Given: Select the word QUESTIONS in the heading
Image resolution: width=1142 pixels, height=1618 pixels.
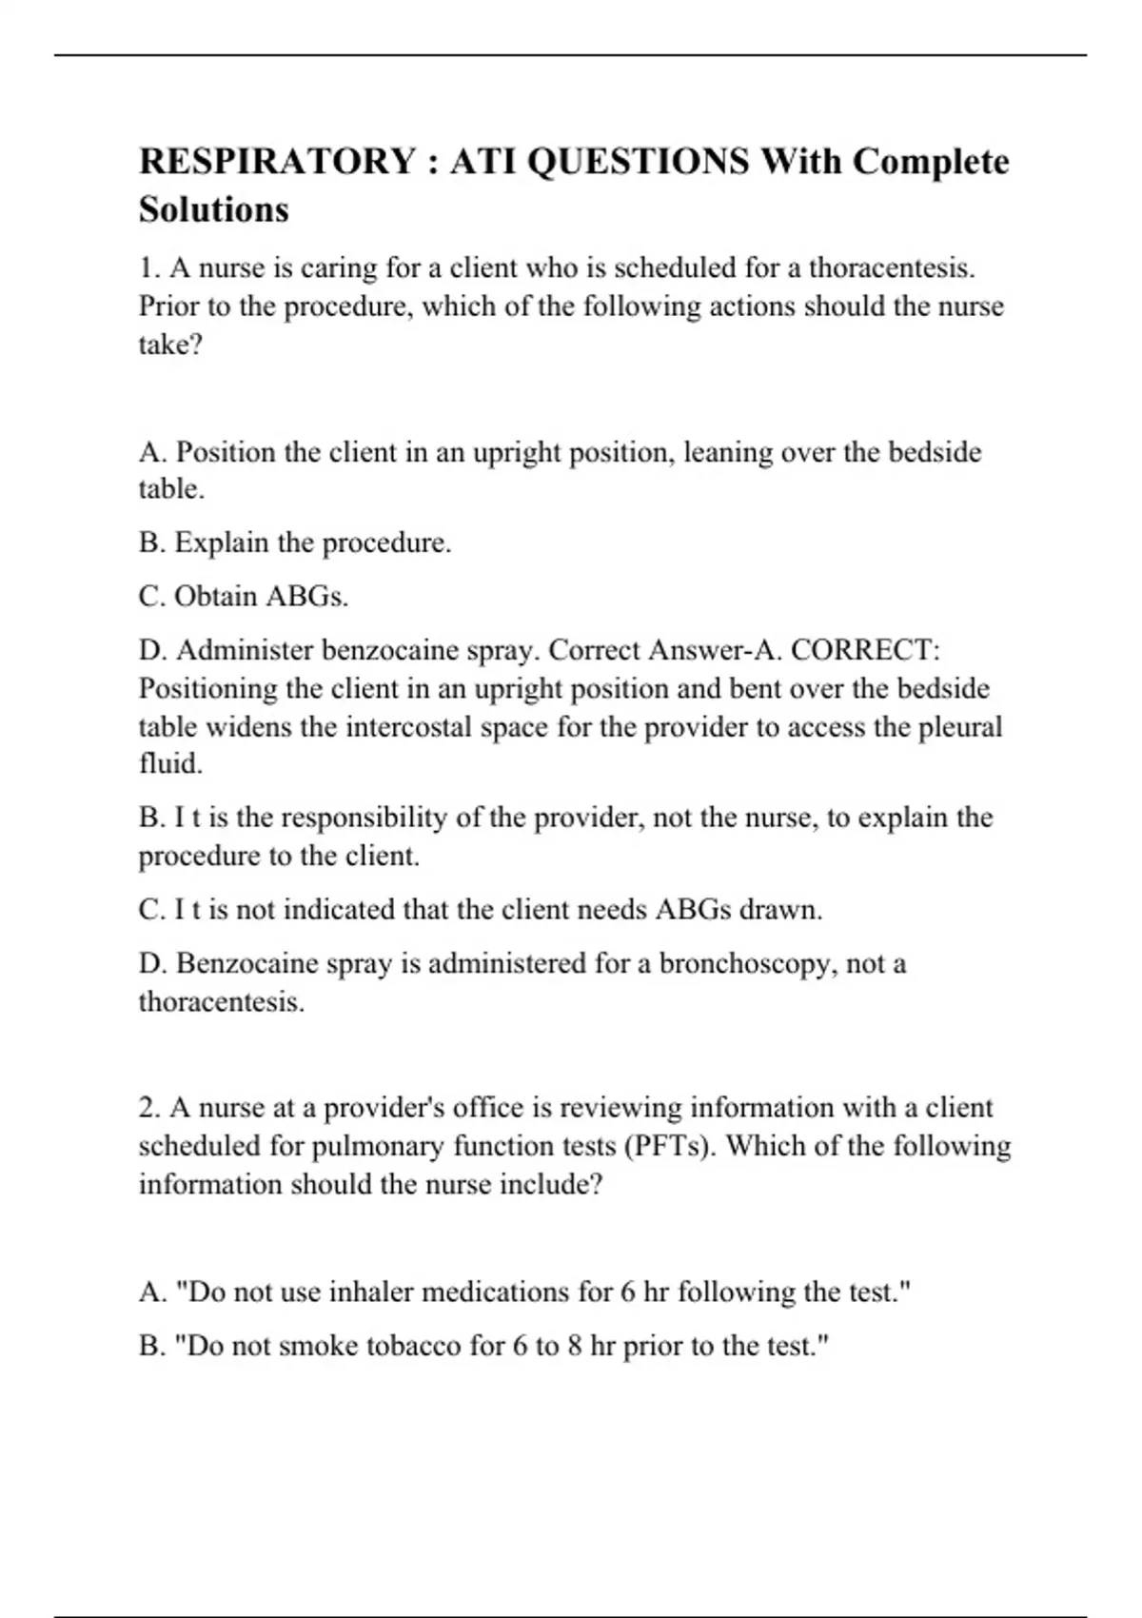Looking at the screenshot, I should [637, 161].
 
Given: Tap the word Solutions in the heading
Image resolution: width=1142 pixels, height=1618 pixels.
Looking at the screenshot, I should [214, 208].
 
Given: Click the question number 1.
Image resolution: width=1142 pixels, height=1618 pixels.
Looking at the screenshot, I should [148, 268].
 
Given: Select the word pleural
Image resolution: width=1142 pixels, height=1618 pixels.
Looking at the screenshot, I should [960, 727].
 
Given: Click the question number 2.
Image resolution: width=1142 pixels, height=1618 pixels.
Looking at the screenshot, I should [148, 1108].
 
